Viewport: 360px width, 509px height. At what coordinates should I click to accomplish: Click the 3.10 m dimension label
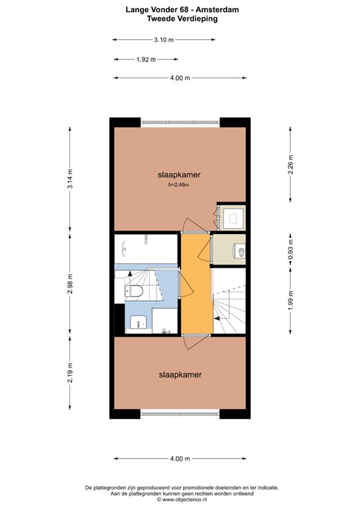click(164, 40)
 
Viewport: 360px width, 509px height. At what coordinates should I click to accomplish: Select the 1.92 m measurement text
click(146, 60)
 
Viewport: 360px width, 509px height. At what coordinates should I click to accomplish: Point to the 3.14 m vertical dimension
click(70, 178)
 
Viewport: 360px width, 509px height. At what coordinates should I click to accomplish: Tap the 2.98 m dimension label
click(70, 284)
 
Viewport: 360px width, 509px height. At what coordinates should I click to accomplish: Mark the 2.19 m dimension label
click(70, 372)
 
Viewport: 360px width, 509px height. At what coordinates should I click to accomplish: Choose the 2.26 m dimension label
click(290, 164)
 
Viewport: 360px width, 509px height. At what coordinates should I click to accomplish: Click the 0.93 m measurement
click(290, 250)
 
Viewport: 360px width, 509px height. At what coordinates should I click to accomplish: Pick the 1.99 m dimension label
click(290, 300)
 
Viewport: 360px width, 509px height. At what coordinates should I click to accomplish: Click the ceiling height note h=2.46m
click(178, 185)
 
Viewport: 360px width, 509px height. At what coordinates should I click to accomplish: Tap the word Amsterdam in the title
click(217, 10)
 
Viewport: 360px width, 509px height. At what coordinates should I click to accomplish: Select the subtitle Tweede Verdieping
click(182, 19)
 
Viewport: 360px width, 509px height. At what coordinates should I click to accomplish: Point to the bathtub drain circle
click(125, 249)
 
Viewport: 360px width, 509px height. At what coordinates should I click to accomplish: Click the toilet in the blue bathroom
click(134, 291)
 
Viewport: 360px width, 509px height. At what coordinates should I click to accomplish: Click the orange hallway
click(196, 283)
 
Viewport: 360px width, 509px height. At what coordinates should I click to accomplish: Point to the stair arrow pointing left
click(217, 319)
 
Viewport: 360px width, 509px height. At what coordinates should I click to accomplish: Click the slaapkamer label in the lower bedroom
click(180, 374)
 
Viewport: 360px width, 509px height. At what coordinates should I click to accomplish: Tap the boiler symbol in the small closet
click(235, 216)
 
